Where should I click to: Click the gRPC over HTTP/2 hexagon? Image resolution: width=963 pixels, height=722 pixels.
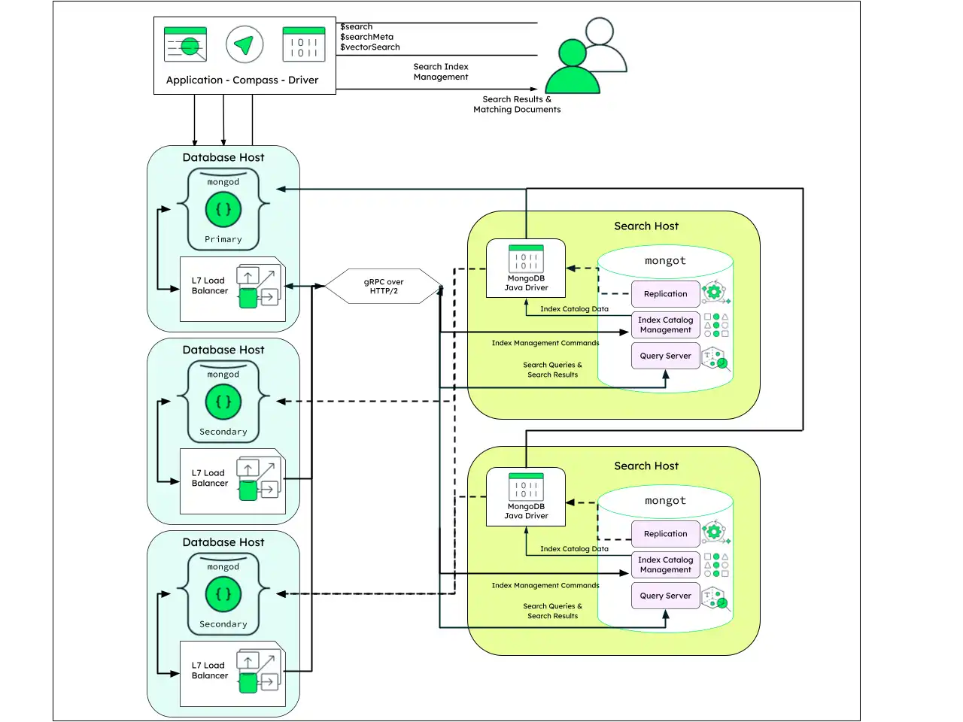point(384,287)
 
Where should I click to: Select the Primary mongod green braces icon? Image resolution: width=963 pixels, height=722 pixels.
point(223,209)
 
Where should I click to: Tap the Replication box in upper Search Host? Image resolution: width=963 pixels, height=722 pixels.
point(665,294)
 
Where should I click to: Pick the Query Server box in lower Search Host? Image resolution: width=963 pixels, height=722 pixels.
point(665,596)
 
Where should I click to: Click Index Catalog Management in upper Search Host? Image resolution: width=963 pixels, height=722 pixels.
point(665,325)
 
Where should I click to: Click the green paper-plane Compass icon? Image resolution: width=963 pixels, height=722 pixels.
point(244,45)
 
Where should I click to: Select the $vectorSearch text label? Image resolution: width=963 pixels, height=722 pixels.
point(369,47)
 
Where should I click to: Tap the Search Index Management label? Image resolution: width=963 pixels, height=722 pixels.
point(441,71)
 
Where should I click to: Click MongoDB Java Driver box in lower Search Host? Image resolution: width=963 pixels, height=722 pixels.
point(526,496)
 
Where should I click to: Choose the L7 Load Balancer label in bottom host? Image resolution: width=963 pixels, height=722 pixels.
point(209,670)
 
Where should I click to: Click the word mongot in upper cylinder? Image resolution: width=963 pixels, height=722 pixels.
point(665,261)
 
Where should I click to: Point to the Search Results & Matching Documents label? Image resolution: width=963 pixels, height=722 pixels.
point(517,105)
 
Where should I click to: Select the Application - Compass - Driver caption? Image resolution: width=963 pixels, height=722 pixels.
point(242,80)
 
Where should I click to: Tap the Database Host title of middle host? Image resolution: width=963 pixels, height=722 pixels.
point(223,350)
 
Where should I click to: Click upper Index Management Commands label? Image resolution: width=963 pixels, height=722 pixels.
point(545,343)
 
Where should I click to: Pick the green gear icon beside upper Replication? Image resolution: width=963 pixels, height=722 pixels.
point(714,292)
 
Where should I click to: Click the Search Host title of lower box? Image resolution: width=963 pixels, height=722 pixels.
point(646,466)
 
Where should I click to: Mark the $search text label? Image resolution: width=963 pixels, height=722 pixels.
point(356,26)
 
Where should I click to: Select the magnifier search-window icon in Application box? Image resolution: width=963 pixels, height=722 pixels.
point(185,45)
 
